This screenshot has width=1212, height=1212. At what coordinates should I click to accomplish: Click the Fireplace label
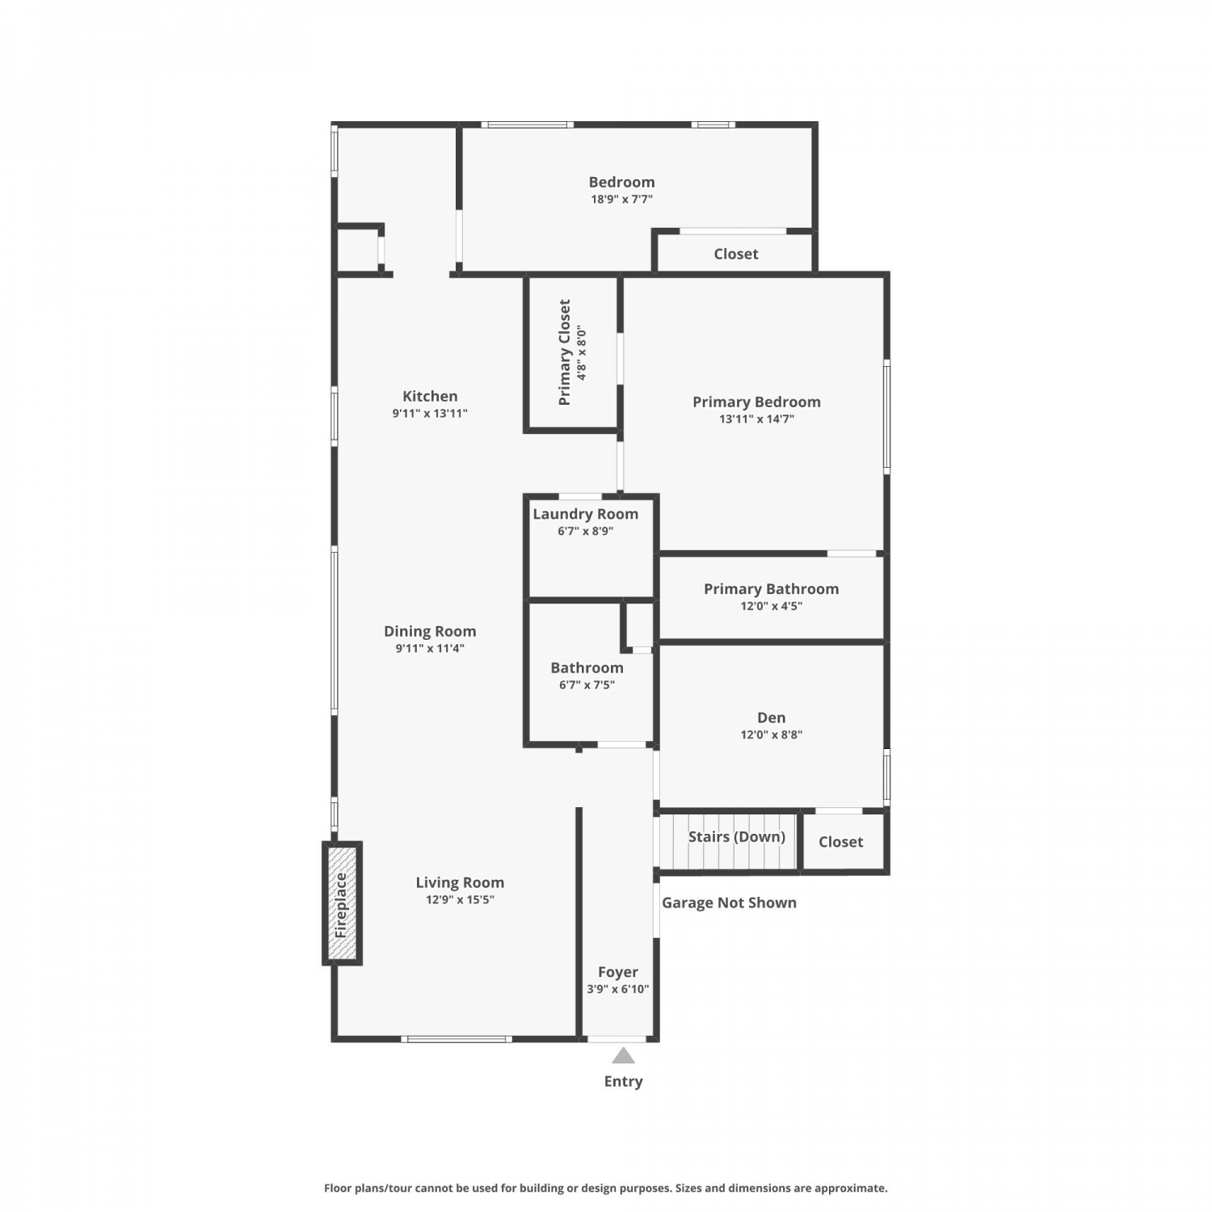click(341, 905)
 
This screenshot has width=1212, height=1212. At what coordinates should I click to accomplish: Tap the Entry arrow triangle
click(623, 1055)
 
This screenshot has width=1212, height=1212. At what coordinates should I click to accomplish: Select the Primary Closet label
click(564, 352)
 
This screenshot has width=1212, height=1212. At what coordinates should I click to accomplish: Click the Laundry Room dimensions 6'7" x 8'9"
click(586, 531)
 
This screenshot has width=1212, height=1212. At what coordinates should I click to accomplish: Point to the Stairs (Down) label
click(737, 837)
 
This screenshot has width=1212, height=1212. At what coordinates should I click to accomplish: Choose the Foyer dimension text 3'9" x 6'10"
click(618, 989)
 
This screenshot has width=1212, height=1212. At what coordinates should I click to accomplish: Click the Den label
click(772, 718)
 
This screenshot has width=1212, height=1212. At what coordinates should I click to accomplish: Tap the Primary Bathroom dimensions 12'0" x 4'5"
click(772, 606)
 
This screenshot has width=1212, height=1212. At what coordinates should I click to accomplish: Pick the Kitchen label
click(430, 396)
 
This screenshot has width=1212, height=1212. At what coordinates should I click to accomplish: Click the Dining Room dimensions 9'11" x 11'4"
click(430, 648)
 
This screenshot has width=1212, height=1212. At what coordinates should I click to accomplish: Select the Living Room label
click(460, 883)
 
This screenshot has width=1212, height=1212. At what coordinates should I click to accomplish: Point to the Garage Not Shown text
click(729, 903)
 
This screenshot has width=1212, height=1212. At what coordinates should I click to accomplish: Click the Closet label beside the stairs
click(841, 842)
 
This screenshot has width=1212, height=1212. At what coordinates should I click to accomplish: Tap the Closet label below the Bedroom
click(736, 254)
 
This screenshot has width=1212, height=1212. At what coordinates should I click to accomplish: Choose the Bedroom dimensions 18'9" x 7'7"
click(621, 199)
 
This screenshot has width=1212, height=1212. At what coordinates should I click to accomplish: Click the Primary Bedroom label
click(756, 402)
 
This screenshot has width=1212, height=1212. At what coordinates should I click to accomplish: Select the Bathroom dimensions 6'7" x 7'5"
click(587, 685)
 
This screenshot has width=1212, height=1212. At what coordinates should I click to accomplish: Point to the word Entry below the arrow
click(623, 1082)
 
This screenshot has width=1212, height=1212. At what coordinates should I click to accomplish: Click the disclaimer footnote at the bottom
click(606, 1188)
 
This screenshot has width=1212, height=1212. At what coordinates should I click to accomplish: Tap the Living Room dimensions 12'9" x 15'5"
click(460, 900)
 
